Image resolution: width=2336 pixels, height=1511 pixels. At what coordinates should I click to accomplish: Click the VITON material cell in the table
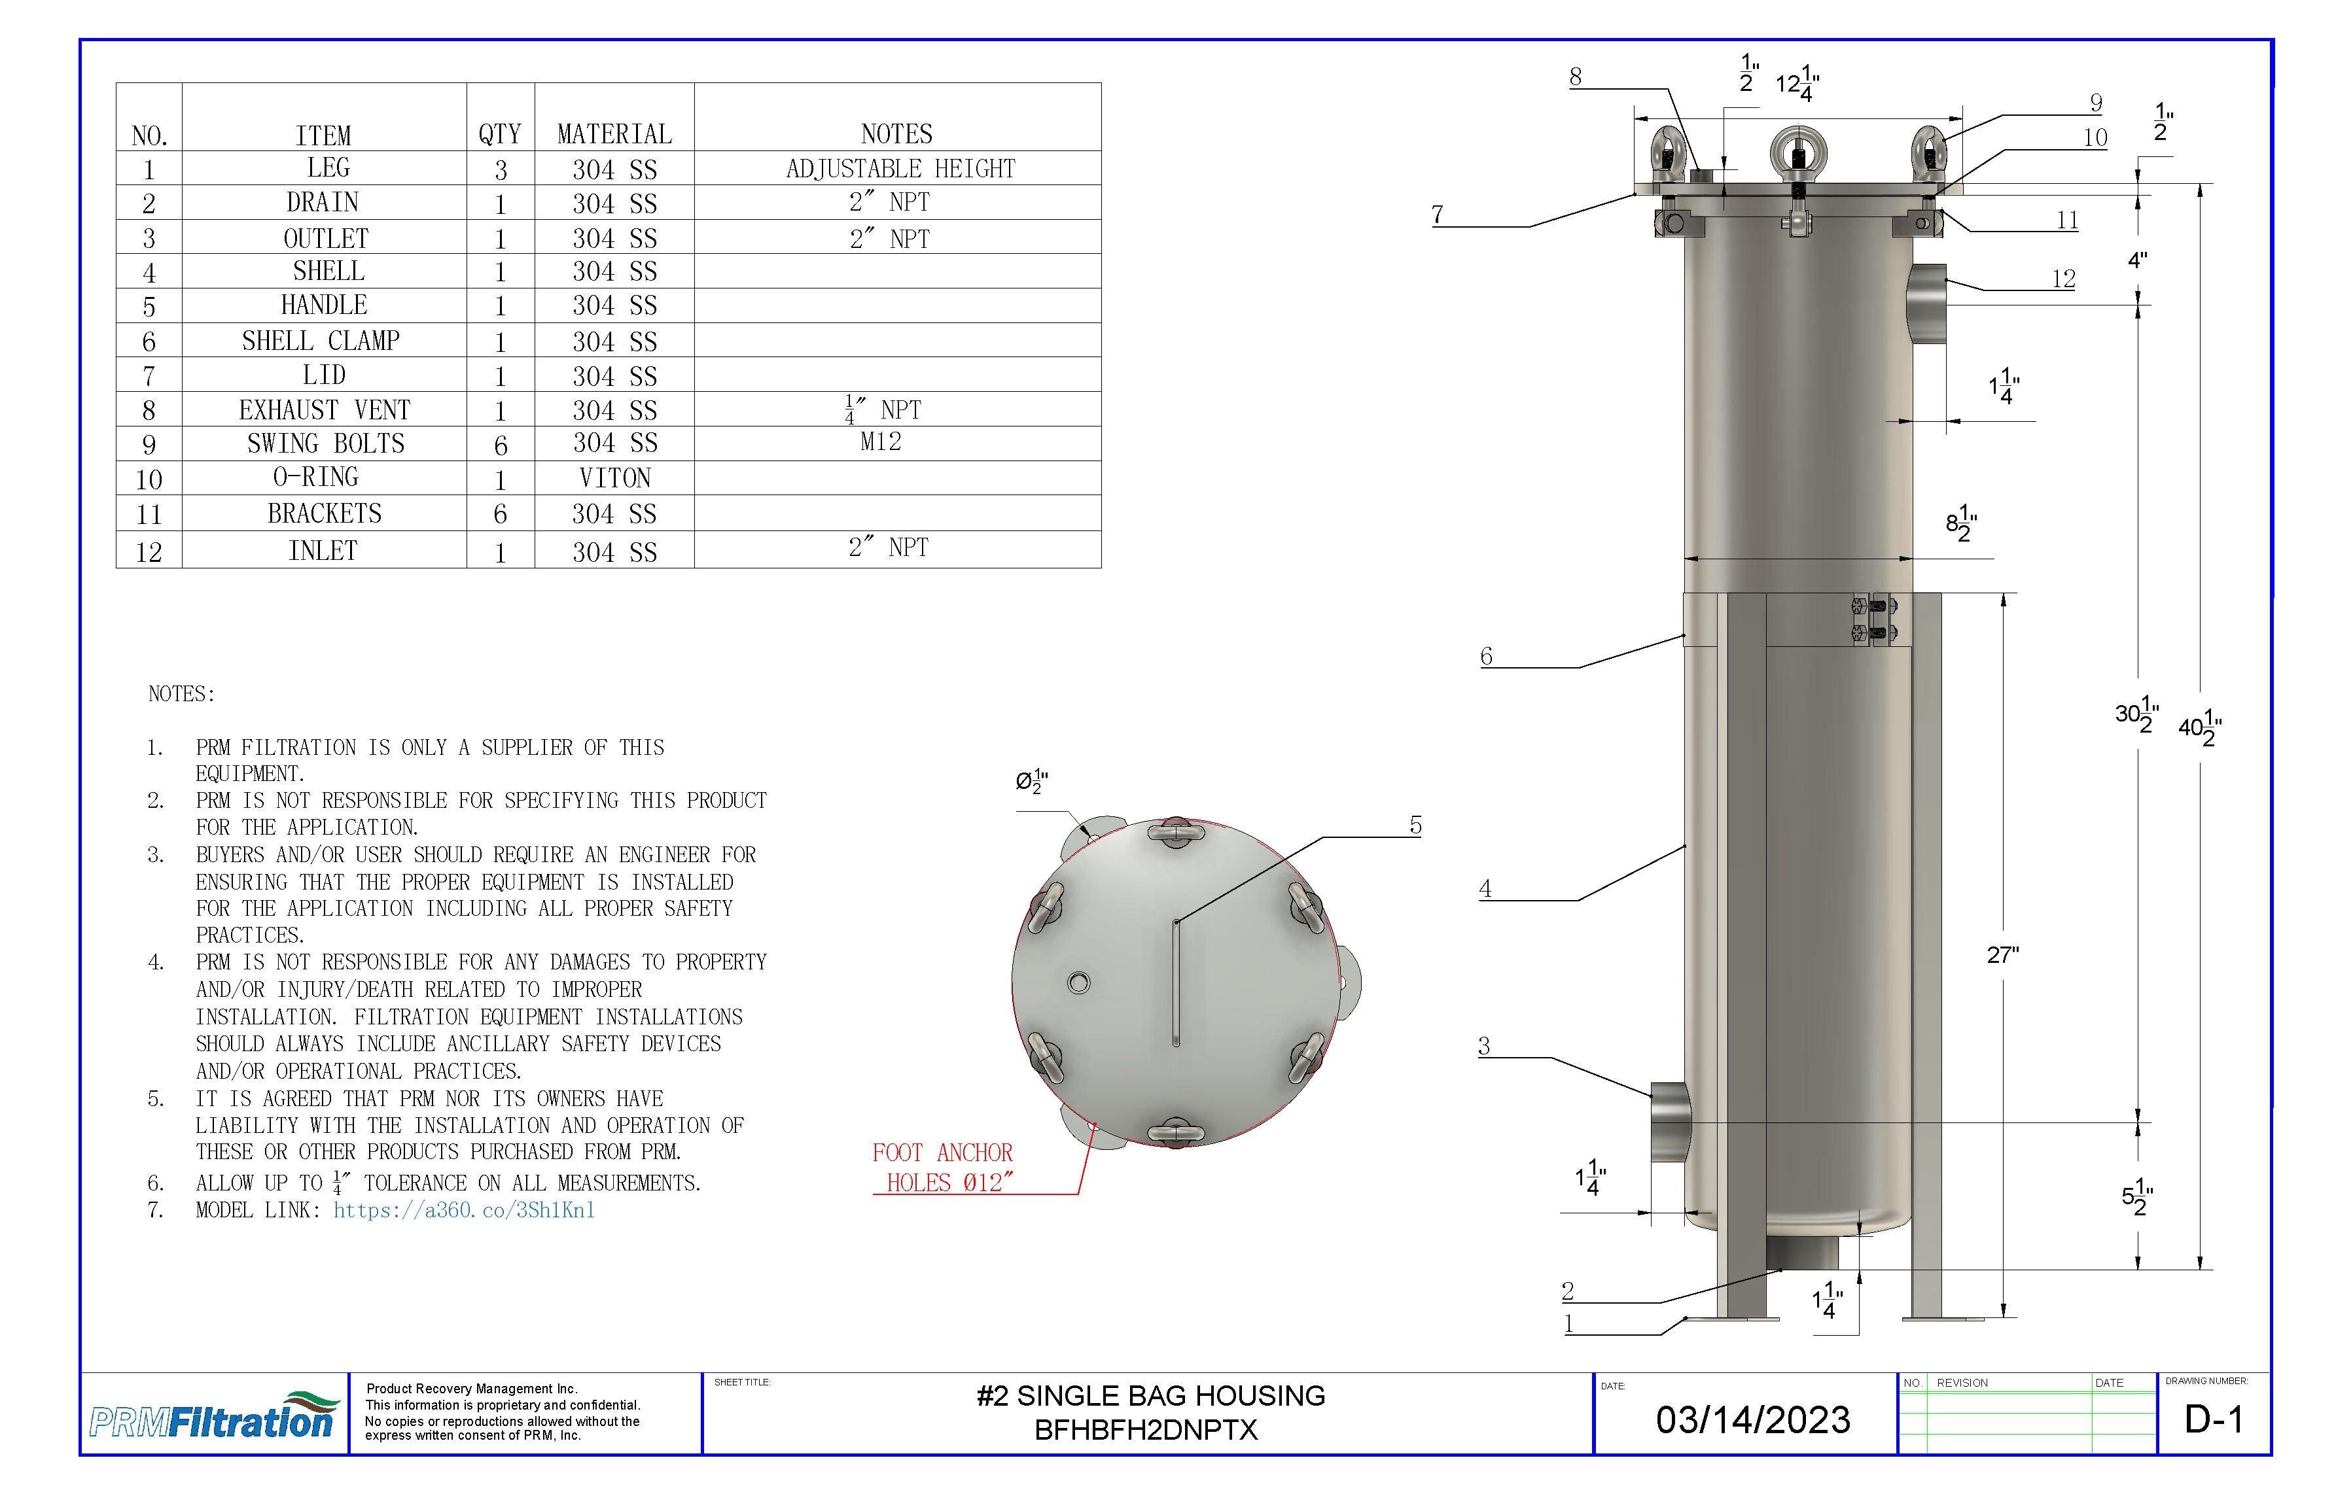point(614,478)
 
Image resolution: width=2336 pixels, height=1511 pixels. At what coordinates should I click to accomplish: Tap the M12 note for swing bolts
point(881,442)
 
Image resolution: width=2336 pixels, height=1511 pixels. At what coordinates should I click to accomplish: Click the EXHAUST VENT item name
point(324,409)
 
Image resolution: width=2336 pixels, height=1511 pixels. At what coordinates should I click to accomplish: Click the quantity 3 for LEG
point(501,170)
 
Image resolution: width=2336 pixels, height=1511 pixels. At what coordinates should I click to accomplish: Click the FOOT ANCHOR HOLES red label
point(942,1167)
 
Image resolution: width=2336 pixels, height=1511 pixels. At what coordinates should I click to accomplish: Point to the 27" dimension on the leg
point(2002,955)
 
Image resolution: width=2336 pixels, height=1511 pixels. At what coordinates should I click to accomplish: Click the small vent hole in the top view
point(1078,982)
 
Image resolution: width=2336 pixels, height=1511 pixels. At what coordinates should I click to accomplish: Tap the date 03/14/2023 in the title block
point(1753,1419)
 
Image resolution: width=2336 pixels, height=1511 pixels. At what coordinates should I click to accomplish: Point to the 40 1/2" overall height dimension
point(2200,727)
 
